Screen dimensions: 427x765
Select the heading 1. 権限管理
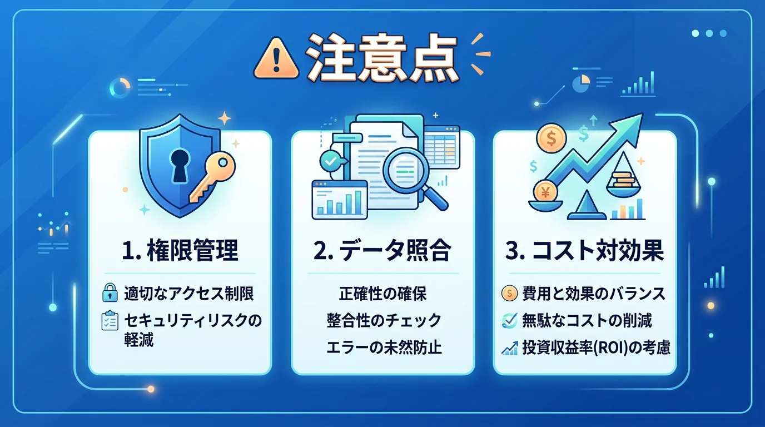click(180, 251)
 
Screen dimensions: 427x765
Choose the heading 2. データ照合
click(383, 251)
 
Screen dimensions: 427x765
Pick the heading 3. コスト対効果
click(584, 251)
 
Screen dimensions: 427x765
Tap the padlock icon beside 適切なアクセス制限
click(109, 293)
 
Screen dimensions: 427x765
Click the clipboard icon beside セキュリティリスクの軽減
click(109, 321)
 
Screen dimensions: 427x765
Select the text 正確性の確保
click(383, 293)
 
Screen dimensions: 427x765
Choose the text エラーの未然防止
click(383, 347)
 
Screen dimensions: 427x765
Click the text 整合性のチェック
click(383, 320)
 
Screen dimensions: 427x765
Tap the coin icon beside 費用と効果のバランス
click(509, 293)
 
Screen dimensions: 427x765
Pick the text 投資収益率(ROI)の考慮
click(596, 347)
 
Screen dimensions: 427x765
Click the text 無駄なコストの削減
click(587, 320)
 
